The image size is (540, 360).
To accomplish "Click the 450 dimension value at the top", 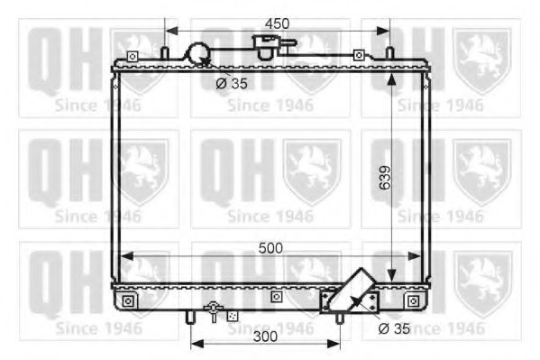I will pos(276,23).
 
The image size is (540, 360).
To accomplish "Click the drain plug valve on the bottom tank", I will pos(214,310).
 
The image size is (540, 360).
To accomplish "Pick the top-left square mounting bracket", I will pos(133,57).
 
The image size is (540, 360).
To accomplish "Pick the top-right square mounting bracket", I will pos(359,56).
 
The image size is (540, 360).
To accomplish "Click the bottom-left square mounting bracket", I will pos(128,300).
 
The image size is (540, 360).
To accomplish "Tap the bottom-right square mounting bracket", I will pos(413,300).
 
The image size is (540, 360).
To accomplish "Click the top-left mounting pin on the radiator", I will pos(165,53).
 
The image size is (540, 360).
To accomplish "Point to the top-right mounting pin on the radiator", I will pos(389,53).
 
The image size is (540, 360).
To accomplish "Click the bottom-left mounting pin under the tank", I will pos(190,317).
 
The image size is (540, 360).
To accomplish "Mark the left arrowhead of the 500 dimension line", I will pos(124,256).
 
